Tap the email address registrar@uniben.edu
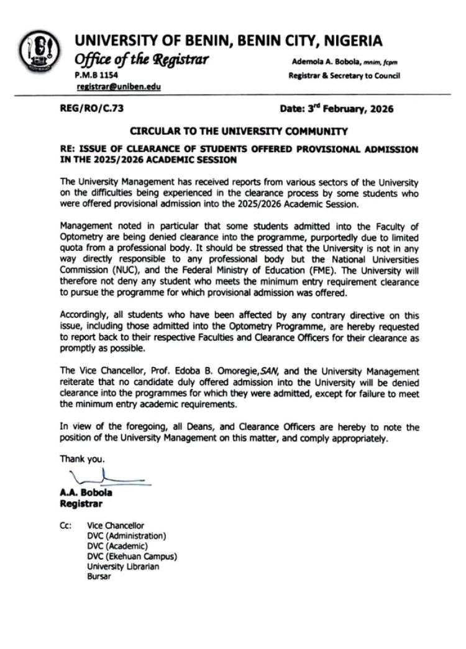[x=116, y=88]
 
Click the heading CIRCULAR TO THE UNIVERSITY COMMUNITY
[x=239, y=132]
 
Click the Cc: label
[x=65, y=525]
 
